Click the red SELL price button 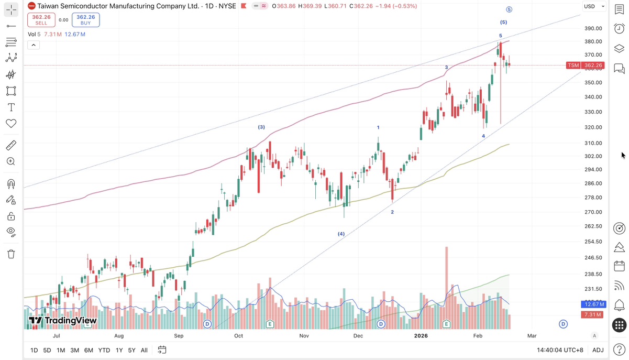pos(41,20)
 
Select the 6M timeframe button pos(89,350)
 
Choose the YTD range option pos(104,350)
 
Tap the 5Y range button pos(131,350)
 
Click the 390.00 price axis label pos(593,29)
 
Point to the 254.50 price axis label pos(593,242)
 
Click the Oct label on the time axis pos(239,335)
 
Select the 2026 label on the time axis pos(422,335)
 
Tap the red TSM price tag pos(585,66)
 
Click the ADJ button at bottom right pos(598,350)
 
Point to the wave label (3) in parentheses pos(261,127)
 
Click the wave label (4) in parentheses pos(341,234)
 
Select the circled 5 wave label pos(509,9)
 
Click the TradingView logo pos(63,321)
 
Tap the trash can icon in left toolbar pos(11,254)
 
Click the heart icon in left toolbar pos(11,124)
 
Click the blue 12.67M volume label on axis pos(593,304)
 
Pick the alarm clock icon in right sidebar pos(619,28)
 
